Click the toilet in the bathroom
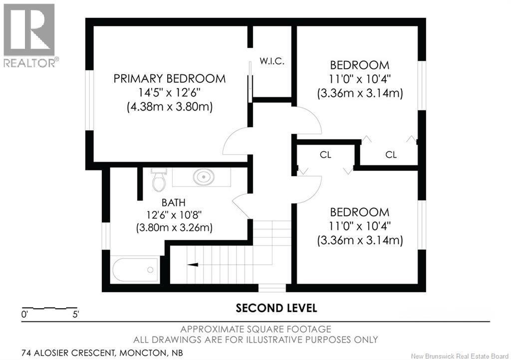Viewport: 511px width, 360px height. (159, 180)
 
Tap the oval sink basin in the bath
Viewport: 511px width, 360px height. (204, 177)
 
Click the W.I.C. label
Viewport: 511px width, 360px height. (272, 61)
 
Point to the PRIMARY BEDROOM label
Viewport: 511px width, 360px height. (170, 79)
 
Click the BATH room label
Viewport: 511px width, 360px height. (173, 202)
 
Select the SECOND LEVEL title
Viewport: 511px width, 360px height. (276, 308)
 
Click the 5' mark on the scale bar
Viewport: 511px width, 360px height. (76, 315)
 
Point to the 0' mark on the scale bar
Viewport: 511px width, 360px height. (24, 315)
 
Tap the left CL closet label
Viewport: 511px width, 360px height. (325, 155)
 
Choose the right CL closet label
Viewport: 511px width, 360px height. (391, 155)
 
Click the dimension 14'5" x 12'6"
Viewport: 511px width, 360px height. (169, 93)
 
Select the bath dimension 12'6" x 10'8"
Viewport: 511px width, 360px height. (174, 215)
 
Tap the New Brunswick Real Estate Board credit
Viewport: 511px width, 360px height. (460, 356)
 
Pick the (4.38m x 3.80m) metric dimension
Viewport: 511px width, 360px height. (170, 107)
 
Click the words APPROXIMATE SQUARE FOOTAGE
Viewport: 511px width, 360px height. (256, 329)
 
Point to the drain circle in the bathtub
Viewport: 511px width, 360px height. (150, 270)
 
